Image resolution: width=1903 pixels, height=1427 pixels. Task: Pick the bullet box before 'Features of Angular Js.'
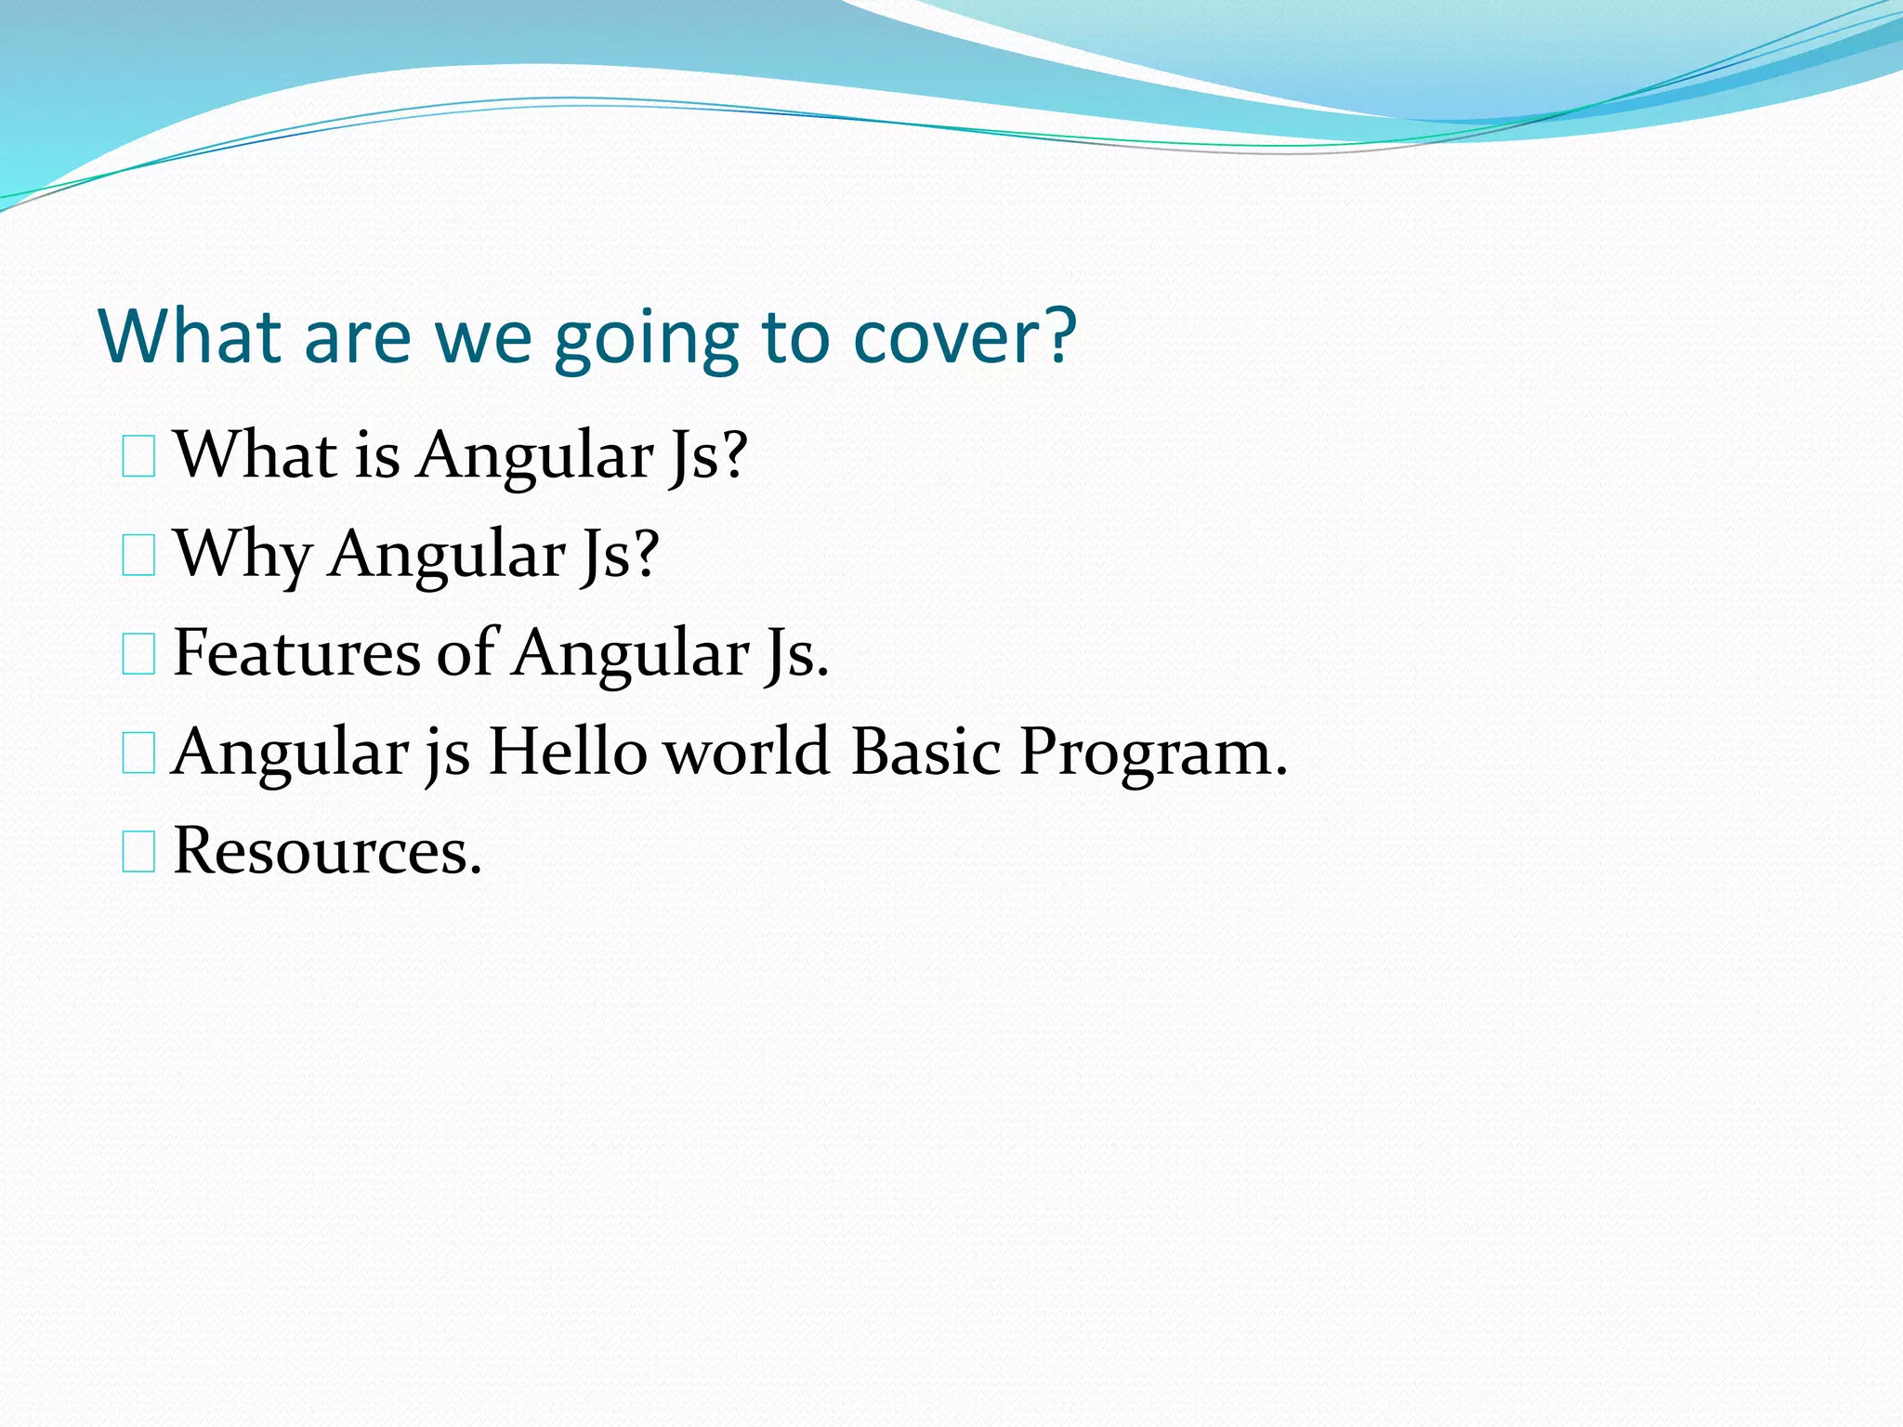pos(138,656)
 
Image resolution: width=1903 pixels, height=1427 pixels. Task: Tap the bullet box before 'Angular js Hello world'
pos(138,754)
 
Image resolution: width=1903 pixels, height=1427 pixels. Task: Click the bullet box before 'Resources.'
pos(138,853)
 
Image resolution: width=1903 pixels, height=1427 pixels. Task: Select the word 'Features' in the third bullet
pos(296,652)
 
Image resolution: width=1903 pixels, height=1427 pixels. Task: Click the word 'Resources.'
pos(327,851)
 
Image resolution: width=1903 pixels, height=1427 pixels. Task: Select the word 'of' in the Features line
pos(466,652)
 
